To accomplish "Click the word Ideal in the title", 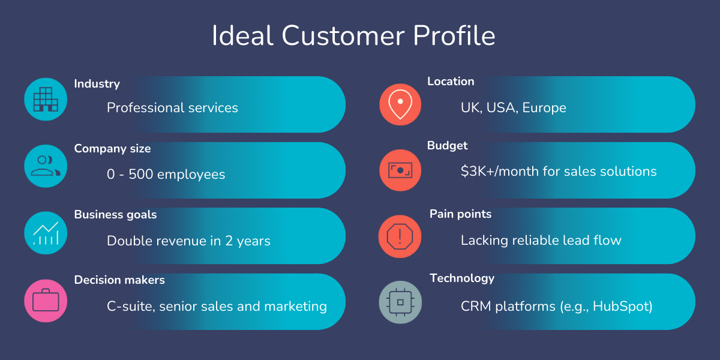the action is pyautogui.click(x=242, y=35).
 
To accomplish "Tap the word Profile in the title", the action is pyautogui.click(x=454, y=35).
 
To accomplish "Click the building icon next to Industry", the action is pyautogui.click(x=46, y=100).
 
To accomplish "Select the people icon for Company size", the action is pyautogui.click(x=46, y=166).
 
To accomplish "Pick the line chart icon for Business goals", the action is pyautogui.click(x=46, y=233).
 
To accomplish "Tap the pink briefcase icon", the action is pyautogui.click(x=46, y=301).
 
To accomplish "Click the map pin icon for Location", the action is pyautogui.click(x=400, y=104).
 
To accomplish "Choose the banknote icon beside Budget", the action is pyautogui.click(x=400, y=170).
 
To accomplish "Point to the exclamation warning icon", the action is pyautogui.click(x=400, y=236).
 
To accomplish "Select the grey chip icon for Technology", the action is pyautogui.click(x=400, y=302).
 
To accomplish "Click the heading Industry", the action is pyautogui.click(x=97, y=84).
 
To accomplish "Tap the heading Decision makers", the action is pyautogui.click(x=119, y=280).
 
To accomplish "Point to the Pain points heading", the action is pyautogui.click(x=461, y=214).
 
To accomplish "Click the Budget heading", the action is pyautogui.click(x=447, y=146).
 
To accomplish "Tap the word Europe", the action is pyautogui.click(x=544, y=108).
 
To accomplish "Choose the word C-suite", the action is pyautogui.click(x=131, y=307).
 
